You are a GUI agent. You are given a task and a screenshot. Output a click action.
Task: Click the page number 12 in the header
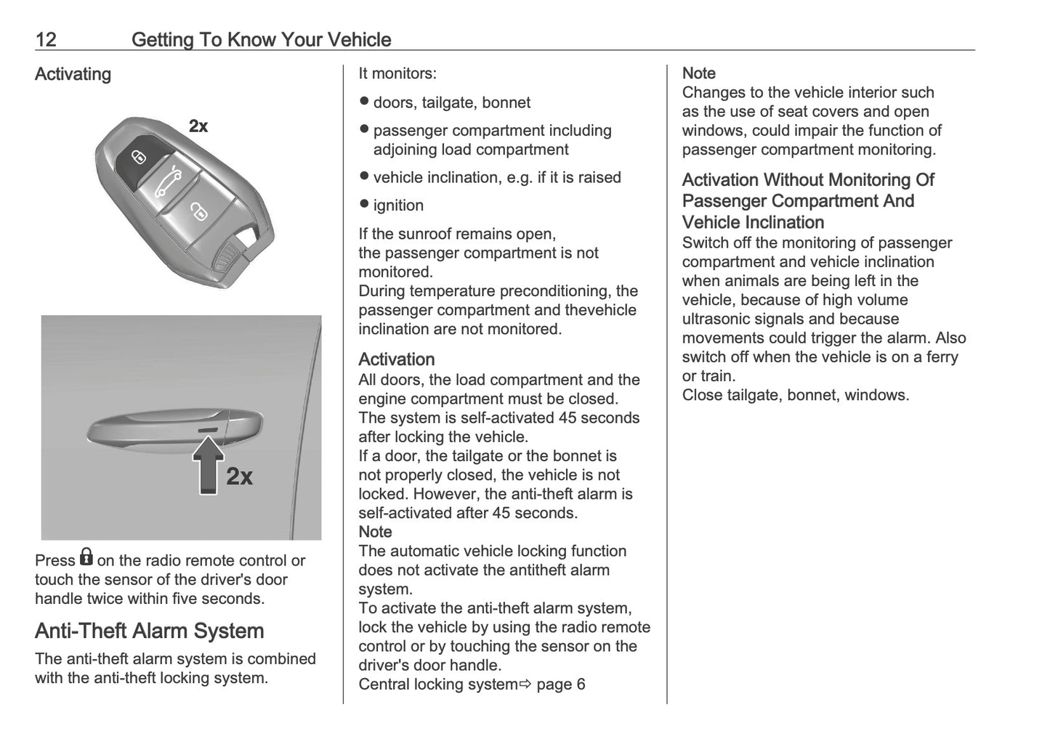45,39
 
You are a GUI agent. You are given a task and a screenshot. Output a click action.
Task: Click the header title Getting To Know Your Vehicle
261,39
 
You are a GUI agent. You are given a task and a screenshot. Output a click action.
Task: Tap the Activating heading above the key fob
73,74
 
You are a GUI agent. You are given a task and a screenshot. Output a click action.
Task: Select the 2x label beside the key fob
198,126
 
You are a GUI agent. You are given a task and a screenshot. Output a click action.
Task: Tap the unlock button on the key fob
198,211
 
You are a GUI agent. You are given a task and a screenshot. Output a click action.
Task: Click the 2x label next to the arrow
240,476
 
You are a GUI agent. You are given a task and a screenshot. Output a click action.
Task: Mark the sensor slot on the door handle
208,430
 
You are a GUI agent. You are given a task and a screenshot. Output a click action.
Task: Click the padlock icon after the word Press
86,558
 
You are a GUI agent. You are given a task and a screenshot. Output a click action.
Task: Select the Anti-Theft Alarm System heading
149,630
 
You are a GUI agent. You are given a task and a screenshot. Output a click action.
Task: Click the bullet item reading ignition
398,205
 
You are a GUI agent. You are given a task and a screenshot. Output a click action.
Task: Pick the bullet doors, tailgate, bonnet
451,102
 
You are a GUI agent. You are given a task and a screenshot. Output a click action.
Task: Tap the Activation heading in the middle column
396,359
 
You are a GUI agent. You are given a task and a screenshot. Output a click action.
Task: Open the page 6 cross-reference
560,684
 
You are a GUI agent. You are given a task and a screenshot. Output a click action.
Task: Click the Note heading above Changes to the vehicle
698,73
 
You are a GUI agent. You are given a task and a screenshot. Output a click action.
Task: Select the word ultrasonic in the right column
722,319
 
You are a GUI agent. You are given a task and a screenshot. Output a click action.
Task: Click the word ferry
937,356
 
